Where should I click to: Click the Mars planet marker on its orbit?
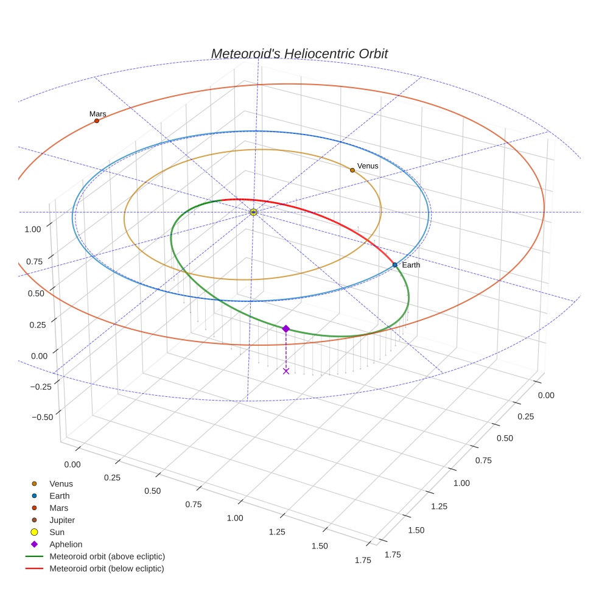click(97, 121)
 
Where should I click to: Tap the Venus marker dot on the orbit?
click(352, 170)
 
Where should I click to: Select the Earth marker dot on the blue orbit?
click(395, 265)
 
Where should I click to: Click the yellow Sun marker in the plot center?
click(254, 212)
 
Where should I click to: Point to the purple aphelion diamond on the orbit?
click(286, 329)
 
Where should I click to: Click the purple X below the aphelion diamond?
click(286, 371)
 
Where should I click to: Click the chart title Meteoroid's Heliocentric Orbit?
click(299, 54)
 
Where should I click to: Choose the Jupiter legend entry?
click(62, 520)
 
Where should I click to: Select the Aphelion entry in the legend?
click(66, 544)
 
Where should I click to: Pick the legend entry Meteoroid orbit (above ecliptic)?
click(107, 556)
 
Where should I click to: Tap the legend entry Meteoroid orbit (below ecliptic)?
click(107, 569)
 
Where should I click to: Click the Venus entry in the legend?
click(61, 484)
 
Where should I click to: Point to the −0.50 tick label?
click(41, 417)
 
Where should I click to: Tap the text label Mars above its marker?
click(97, 114)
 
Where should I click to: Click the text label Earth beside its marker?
click(411, 265)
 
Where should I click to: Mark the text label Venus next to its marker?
click(368, 166)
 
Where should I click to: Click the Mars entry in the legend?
click(59, 508)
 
